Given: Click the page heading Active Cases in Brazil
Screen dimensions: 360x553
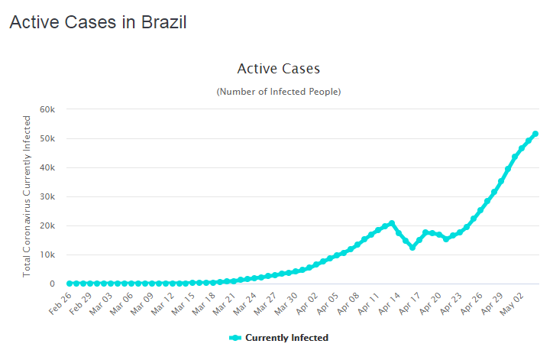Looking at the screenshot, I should click(x=98, y=22).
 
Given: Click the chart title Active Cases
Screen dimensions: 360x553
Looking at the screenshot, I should click(x=278, y=69).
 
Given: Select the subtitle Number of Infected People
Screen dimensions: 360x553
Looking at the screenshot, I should click(x=278, y=92).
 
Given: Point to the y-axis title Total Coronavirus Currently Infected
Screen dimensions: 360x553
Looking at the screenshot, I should click(x=27, y=196).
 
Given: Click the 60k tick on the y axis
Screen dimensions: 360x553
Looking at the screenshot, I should click(x=47, y=109).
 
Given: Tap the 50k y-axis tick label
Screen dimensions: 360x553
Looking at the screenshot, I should click(x=47, y=138).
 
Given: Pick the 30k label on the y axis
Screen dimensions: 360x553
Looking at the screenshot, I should click(x=47, y=196).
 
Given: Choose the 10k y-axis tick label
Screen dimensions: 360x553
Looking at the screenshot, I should click(x=47, y=255).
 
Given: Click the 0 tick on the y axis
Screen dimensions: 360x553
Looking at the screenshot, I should click(x=52, y=284).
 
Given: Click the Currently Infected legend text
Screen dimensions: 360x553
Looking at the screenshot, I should click(x=286, y=338).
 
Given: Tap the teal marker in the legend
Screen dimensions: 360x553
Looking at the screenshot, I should click(x=235, y=338).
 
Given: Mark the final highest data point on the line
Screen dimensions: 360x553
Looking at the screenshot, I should click(x=535, y=134).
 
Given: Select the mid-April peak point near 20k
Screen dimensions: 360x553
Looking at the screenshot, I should click(x=392, y=223).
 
